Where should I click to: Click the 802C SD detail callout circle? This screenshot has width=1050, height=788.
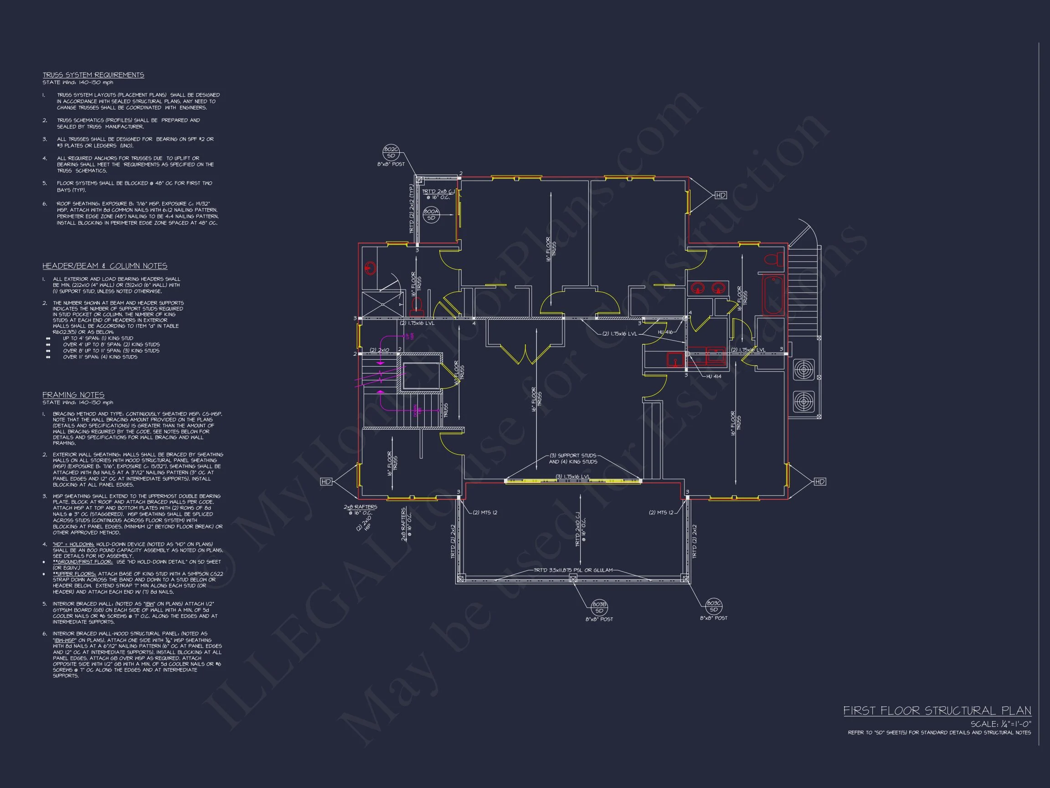tap(391, 152)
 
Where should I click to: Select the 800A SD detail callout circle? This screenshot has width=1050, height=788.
tap(431, 215)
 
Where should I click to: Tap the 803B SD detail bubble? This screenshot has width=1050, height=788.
tap(599, 607)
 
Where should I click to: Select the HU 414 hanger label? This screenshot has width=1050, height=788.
tap(714, 376)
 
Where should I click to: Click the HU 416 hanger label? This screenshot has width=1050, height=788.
tap(665, 332)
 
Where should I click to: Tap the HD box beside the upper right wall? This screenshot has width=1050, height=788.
tap(721, 195)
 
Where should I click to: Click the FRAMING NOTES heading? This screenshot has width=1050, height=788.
tap(73, 395)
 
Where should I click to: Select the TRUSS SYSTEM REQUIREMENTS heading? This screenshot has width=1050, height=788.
tap(93, 75)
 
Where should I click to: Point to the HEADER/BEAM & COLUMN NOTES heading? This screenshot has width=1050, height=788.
tap(104, 266)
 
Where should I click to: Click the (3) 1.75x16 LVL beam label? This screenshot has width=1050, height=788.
tap(573, 477)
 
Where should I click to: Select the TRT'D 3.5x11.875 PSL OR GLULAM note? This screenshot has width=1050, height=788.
tap(573, 570)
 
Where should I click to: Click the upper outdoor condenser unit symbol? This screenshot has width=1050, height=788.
tap(803, 369)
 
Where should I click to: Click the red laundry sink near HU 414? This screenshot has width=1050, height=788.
tap(674, 359)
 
